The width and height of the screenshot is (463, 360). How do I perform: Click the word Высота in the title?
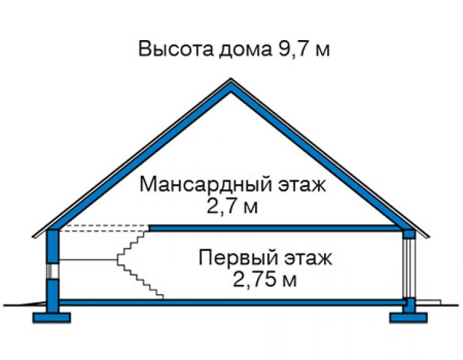point(175,48)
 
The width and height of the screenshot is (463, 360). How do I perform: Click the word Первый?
point(238,257)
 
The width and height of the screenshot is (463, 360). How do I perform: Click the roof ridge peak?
point(231,79)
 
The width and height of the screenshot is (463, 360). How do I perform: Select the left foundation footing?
point(52,317)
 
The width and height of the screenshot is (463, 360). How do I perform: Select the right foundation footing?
point(409,317)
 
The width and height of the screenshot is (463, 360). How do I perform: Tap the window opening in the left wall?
point(53,271)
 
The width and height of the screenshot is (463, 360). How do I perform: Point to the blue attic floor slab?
point(273,228)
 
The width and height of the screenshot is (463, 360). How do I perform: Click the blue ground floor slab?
point(232,302)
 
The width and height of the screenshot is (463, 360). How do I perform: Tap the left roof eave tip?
point(33,237)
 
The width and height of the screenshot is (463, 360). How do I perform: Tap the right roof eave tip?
point(429,237)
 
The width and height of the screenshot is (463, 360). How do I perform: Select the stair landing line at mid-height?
point(88,260)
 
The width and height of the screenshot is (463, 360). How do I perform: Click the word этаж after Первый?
point(308,258)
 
